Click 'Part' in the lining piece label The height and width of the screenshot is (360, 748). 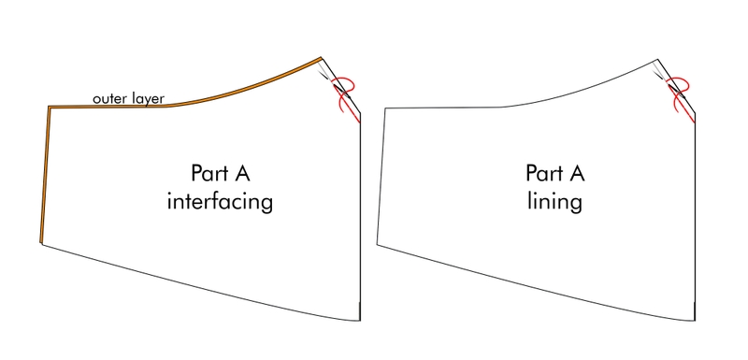[x=543, y=173]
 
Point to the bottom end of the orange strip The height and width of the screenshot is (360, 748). [x=42, y=241]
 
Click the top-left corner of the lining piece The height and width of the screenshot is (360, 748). [x=384, y=109]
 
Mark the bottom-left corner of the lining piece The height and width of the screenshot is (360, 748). [x=377, y=245]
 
